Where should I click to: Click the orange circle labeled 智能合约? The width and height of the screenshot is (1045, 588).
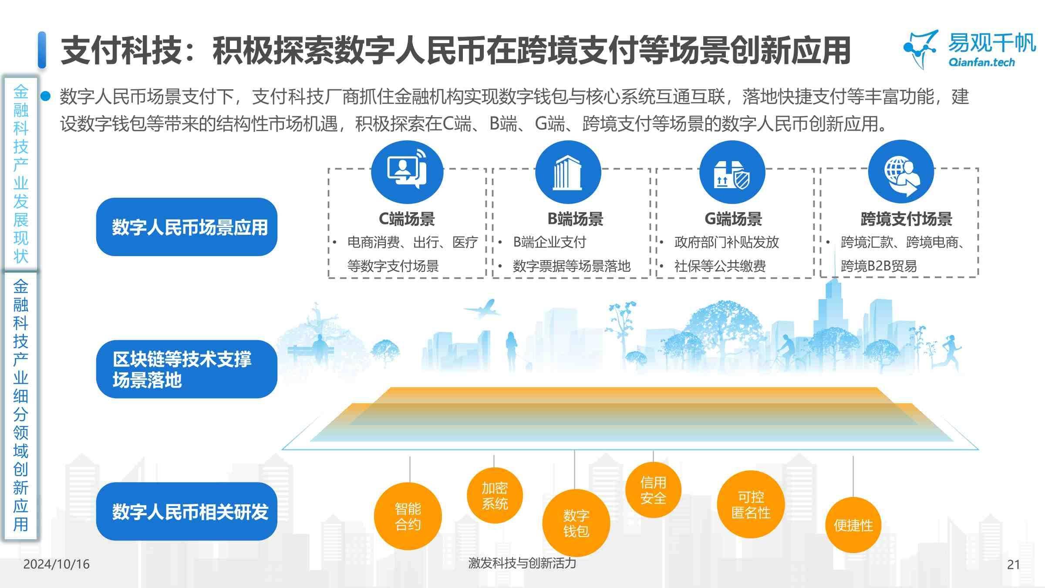coord(408,516)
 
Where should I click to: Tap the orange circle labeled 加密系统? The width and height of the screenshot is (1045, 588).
coord(495,496)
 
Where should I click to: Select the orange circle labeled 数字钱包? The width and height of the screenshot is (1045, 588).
coord(576,523)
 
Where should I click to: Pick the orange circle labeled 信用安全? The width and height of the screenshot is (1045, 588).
coord(653,490)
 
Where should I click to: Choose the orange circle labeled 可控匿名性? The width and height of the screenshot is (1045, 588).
coord(751,504)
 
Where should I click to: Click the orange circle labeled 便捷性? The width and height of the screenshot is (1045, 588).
coord(853,525)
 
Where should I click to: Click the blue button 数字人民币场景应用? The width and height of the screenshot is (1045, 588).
coord(187,227)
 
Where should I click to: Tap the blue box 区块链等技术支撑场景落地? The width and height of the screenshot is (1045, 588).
coord(187,369)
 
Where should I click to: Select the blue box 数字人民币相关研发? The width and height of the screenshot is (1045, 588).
coord(187,511)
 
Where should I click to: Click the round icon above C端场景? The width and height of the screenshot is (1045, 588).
coord(407,172)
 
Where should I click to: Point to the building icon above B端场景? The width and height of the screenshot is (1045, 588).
coord(568,172)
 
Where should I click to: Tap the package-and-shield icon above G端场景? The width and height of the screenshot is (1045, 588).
coord(732,172)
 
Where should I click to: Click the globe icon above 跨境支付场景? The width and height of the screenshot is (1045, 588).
coord(901,172)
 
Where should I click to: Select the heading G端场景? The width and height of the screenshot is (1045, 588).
coord(733,219)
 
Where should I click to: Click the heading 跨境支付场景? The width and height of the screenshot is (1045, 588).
coord(906,219)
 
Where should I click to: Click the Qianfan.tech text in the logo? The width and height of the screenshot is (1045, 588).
coord(981,62)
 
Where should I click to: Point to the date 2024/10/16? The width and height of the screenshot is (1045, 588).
coord(56,564)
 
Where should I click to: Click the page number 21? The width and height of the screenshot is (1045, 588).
coord(1014,564)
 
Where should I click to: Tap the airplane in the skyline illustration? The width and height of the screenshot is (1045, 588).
coord(482,308)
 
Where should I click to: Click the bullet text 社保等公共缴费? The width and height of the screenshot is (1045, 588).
coord(720,266)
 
